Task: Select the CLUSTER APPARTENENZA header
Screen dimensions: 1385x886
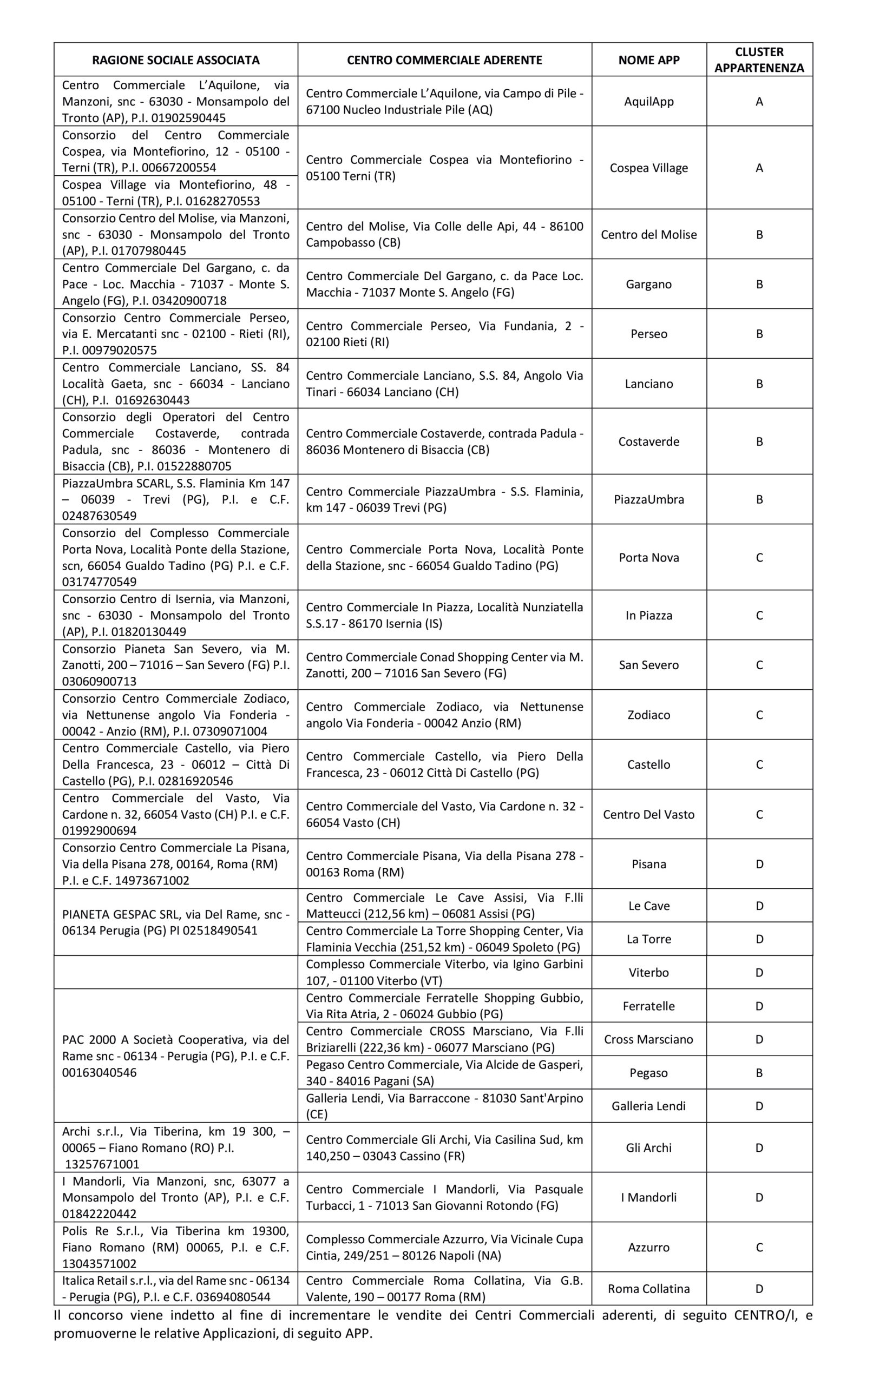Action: (759, 60)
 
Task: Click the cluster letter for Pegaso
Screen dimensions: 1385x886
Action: (759, 1073)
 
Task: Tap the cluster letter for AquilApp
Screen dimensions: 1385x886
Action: (759, 102)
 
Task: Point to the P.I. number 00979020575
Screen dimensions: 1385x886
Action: (123, 350)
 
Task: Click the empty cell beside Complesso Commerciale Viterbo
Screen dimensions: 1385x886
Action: (175, 973)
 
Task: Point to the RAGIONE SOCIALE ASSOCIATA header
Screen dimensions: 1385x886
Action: (175, 60)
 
